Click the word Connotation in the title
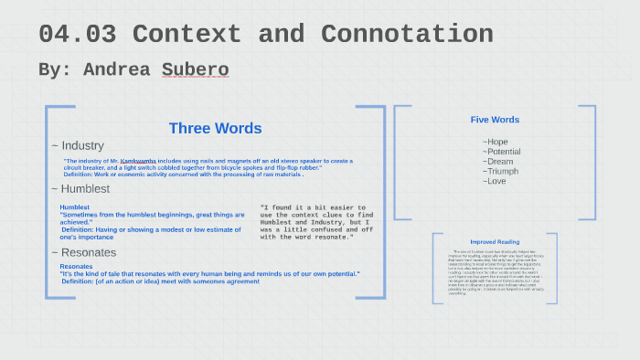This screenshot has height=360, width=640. coord(405,35)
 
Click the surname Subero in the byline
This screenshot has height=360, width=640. coord(195,69)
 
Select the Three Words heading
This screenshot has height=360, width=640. coord(215,129)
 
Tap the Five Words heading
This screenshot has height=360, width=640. coord(495,120)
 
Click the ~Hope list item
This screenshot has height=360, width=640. coord(496,142)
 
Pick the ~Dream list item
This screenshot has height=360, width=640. coord(498,162)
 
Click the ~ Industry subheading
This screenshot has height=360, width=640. coord(78,145)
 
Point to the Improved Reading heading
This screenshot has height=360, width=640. coord(495,242)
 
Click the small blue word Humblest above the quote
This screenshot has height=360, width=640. coord(75,207)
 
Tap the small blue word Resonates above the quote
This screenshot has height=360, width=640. coord(76,267)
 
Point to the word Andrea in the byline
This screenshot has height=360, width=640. coord(119,69)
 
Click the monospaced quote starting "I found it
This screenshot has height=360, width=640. coord(314,222)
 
